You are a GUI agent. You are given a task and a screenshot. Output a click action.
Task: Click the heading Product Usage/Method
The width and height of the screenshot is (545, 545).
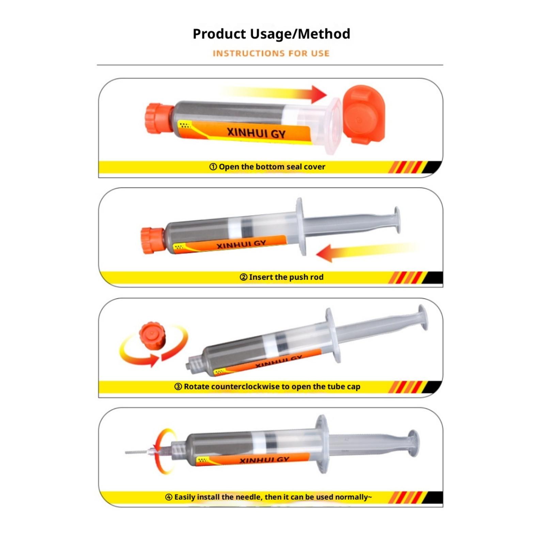pos(271,34)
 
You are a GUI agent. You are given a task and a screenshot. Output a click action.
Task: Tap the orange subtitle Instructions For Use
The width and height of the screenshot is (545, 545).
pos(271,53)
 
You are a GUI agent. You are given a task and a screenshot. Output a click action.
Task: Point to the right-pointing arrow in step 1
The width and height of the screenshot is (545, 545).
pos(272,94)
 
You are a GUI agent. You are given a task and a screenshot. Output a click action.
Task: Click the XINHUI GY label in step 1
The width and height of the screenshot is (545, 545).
pos(256,132)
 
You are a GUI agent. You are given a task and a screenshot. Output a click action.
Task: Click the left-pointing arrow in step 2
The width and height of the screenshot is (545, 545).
pos(366,252)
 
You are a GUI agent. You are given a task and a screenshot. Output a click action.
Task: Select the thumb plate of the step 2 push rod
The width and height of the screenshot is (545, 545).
pos(397,220)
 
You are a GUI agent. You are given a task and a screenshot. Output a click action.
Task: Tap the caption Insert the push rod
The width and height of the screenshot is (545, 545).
pos(281,277)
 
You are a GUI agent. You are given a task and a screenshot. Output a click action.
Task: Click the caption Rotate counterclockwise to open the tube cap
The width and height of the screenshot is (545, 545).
pos(267,387)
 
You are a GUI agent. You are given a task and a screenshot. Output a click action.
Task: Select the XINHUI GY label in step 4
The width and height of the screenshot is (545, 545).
pos(264,460)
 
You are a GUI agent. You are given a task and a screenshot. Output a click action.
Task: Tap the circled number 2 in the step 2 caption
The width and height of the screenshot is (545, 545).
pos(244,277)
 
